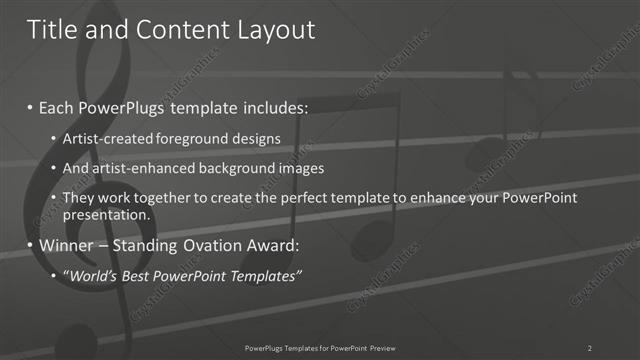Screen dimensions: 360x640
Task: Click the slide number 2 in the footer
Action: click(590, 347)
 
